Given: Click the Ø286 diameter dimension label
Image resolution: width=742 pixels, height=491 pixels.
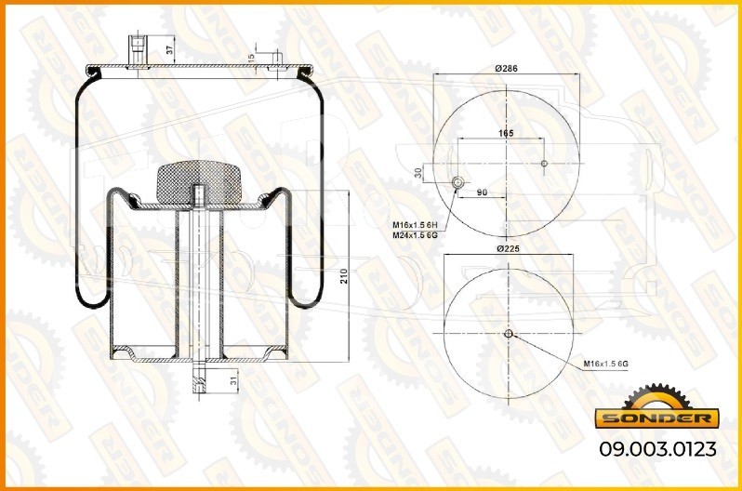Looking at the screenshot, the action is point(507,68).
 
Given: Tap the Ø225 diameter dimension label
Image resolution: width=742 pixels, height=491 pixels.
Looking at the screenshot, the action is point(509,248).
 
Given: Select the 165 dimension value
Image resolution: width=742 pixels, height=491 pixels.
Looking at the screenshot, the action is point(506,134).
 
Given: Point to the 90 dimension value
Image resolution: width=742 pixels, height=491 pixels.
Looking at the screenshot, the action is point(482,192).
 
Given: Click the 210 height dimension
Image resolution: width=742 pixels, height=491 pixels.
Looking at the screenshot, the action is point(344,276).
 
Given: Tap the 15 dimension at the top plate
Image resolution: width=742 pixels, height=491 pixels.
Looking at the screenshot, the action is point(251,58).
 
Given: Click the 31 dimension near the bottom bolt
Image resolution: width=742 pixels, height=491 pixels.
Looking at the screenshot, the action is point(233,381).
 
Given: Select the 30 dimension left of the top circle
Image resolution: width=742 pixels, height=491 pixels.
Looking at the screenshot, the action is point(418,173).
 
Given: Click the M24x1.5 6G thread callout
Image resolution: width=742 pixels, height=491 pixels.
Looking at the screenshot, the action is point(415,235).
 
